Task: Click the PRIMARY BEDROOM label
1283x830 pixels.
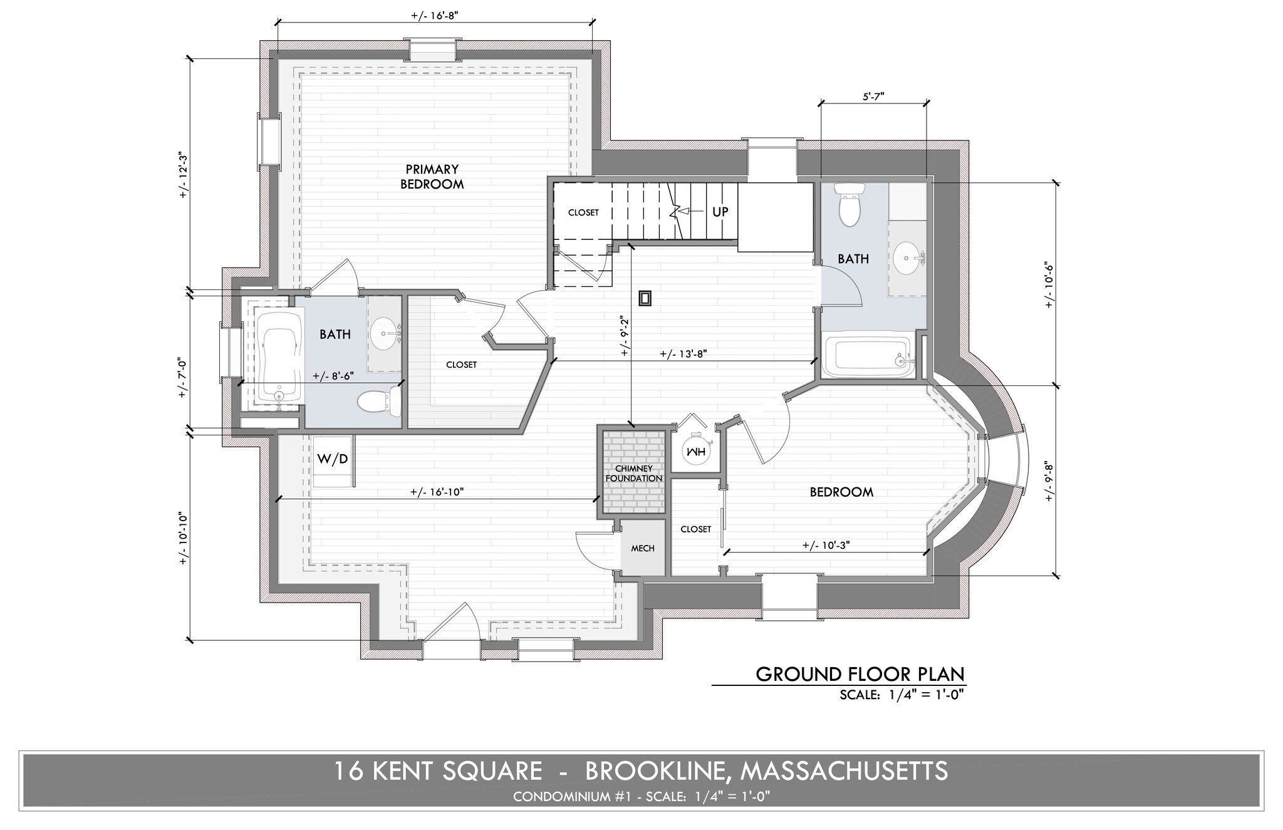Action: [x=432, y=177]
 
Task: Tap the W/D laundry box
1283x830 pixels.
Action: [x=332, y=459]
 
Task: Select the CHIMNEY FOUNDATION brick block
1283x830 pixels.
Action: [x=633, y=472]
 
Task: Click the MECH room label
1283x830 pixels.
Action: [x=642, y=548]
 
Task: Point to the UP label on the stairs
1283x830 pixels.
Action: [x=720, y=212]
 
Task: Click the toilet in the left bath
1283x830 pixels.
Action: [x=377, y=402]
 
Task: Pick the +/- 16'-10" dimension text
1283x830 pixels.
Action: [x=437, y=492]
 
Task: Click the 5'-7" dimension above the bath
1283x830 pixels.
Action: [x=873, y=97]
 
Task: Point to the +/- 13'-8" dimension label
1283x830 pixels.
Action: [x=683, y=353]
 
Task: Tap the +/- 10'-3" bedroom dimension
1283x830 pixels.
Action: [x=826, y=545]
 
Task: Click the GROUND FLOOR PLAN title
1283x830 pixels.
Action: [x=860, y=674]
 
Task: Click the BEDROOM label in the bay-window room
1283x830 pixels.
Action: [x=841, y=492]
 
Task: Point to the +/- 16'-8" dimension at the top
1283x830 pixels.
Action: [x=435, y=16]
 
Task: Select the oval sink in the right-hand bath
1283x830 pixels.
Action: [x=906, y=258]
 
